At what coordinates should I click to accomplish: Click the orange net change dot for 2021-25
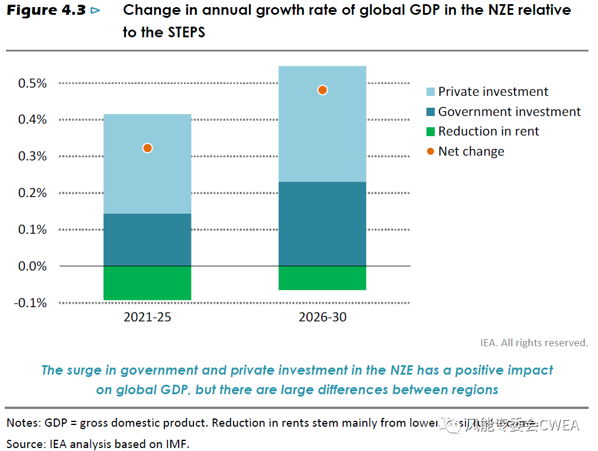pos(147,148)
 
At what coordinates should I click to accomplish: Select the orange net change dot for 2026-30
pos(322,90)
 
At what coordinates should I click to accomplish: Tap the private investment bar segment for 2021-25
pos(147,178)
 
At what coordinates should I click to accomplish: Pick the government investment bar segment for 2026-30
pos(322,224)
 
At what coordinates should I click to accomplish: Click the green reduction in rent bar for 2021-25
pos(147,283)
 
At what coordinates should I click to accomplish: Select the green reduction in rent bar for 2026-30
pos(322,278)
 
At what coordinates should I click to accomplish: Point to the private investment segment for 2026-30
pos(322,136)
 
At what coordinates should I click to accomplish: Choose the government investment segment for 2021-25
pos(147,240)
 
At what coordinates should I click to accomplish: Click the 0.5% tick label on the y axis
pos(33,83)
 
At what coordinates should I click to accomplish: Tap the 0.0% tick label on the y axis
pos(33,266)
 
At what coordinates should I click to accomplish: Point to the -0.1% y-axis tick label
pos(31,303)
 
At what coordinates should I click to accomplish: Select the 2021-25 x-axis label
pos(147,317)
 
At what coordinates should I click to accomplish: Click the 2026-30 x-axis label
pos(322,317)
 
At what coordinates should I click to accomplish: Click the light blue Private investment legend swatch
pos(431,92)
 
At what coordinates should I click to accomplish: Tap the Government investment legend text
pos(509,112)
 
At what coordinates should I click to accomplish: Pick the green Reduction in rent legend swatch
pos(431,131)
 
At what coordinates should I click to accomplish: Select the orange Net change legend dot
pos(431,152)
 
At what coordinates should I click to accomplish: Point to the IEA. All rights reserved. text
pos(534,343)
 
